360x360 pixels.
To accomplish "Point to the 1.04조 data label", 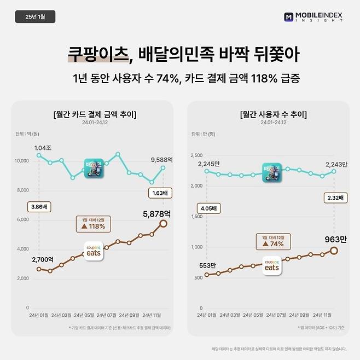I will click(42, 148).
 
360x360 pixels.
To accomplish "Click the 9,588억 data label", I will click(161, 160).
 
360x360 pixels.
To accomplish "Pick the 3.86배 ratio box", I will click(39, 207).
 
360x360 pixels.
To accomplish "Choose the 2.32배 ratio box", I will click(333, 198).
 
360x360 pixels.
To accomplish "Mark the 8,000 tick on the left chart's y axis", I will click(21, 190).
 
